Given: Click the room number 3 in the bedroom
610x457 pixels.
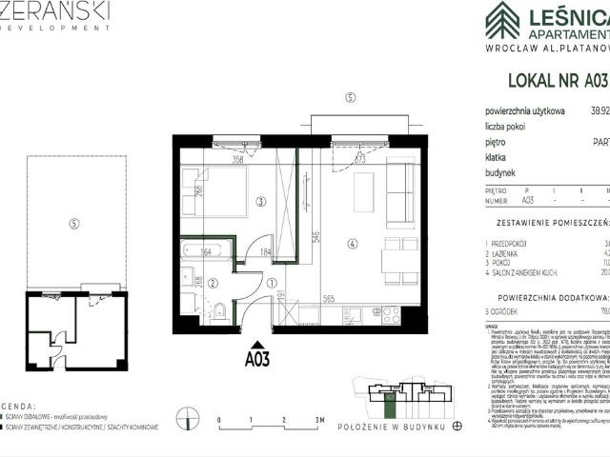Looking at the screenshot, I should click(x=260, y=201).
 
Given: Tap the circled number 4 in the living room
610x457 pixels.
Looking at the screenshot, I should click(x=352, y=245).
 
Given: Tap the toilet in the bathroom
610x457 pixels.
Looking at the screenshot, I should click(x=220, y=308).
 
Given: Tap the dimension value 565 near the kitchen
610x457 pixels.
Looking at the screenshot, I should click(x=328, y=298).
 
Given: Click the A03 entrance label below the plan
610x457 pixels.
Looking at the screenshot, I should click(x=255, y=360).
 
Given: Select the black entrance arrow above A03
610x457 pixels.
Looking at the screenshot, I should click(x=255, y=345).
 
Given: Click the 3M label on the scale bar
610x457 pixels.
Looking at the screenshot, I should click(x=318, y=420).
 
